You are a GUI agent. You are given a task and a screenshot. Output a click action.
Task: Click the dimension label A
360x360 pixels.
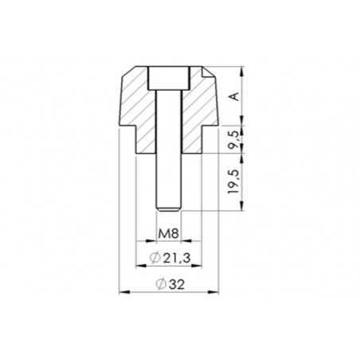coord(233,96)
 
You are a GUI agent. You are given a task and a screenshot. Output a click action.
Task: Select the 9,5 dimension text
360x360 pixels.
coord(233,140)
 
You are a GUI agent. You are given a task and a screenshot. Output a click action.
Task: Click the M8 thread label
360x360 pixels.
coord(167,234)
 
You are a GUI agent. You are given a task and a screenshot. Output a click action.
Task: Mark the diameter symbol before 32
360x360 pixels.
coord(160,284)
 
